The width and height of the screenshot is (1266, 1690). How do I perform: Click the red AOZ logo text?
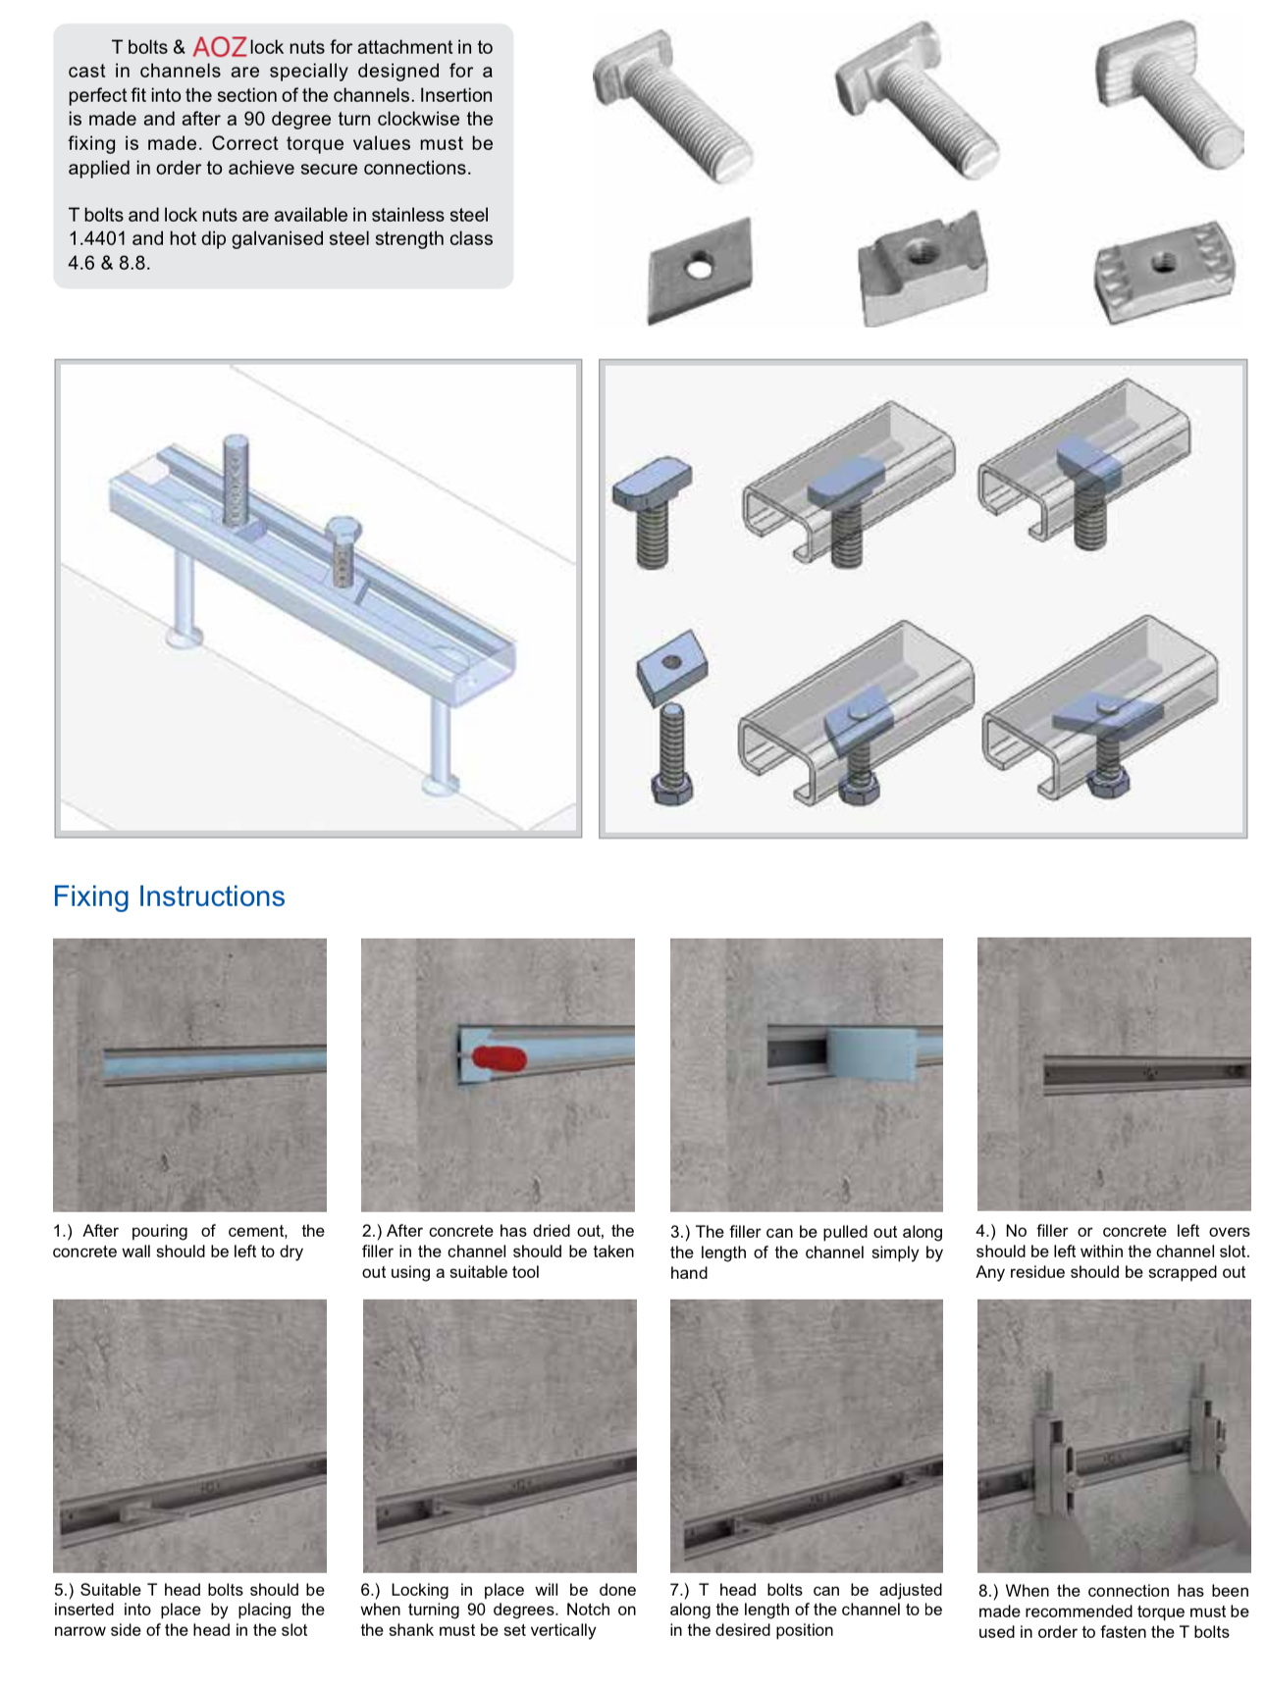click(219, 47)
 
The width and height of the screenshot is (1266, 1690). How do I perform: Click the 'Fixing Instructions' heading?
click(169, 896)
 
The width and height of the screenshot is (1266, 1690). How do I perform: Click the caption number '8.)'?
click(988, 1591)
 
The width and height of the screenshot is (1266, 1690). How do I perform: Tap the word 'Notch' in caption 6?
click(588, 1610)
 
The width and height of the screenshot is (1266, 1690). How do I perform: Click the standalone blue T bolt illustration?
click(653, 511)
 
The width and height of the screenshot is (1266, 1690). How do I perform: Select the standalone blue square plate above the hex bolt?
click(672, 665)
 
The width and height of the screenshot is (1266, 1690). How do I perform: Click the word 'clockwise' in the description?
click(417, 119)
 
